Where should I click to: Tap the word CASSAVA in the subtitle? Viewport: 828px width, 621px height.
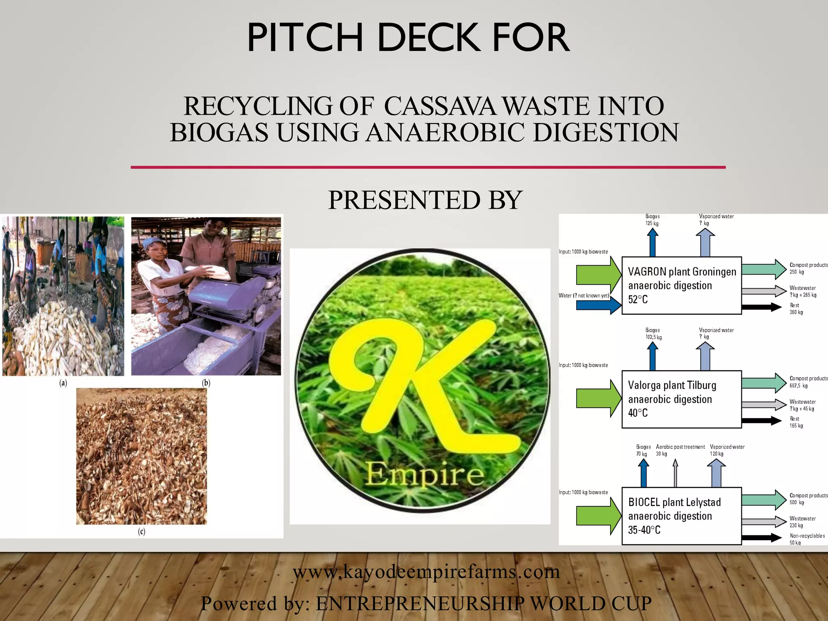tap(439, 106)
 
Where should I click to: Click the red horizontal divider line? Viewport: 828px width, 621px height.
tap(428, 167)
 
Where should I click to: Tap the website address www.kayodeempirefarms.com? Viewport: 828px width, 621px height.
tap(426, 572)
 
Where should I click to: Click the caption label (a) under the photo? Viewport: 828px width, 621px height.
tap(63, 383)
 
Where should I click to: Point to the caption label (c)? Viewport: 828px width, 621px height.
tap(142, 531)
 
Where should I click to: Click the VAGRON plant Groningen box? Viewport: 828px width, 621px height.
tap(681, 285)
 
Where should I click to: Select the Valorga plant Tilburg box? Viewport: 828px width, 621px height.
tap(681, 399)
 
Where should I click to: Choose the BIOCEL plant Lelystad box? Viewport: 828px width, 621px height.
tap(681, 516)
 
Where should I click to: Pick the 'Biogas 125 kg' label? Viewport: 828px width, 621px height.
tap(652, 220)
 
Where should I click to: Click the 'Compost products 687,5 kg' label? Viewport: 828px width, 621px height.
tap(808, 382)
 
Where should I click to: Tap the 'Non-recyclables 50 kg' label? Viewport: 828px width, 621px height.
tap(807, 539)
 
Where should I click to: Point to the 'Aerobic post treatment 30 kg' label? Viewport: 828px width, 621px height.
tap(680, 450)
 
